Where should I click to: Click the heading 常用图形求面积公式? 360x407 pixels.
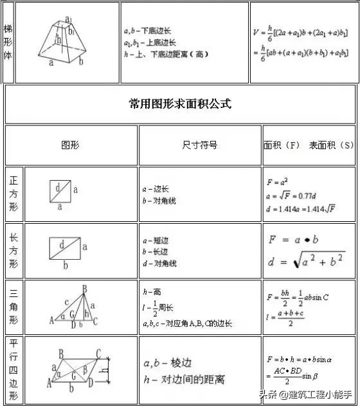(180, 104)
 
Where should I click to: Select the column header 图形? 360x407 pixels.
(70, 145)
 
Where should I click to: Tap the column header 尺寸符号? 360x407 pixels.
(200, 145)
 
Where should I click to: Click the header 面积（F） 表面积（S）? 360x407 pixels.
(309, 145)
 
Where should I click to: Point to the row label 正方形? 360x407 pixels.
(14, 194)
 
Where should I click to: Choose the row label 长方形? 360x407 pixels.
(14, 251)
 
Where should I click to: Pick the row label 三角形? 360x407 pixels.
(14, 307)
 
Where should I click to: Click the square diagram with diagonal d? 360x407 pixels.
(60, 191)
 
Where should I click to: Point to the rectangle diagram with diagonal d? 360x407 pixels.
(64, 248)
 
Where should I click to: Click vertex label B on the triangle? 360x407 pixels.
(84, 289)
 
